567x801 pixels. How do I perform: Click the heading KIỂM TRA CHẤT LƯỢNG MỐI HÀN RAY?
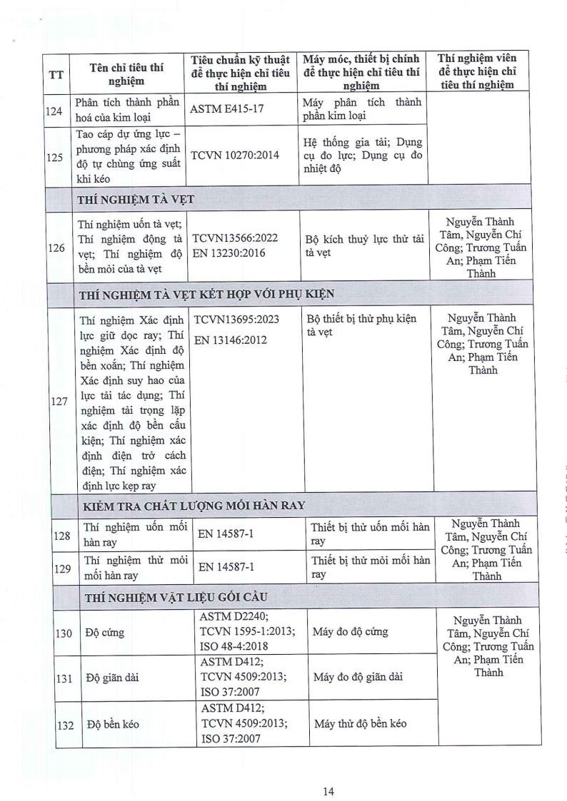click(192, 505)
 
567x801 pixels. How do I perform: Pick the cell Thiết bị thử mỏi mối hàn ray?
click(370, 567)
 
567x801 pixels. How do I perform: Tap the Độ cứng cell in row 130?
click(102, 632)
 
